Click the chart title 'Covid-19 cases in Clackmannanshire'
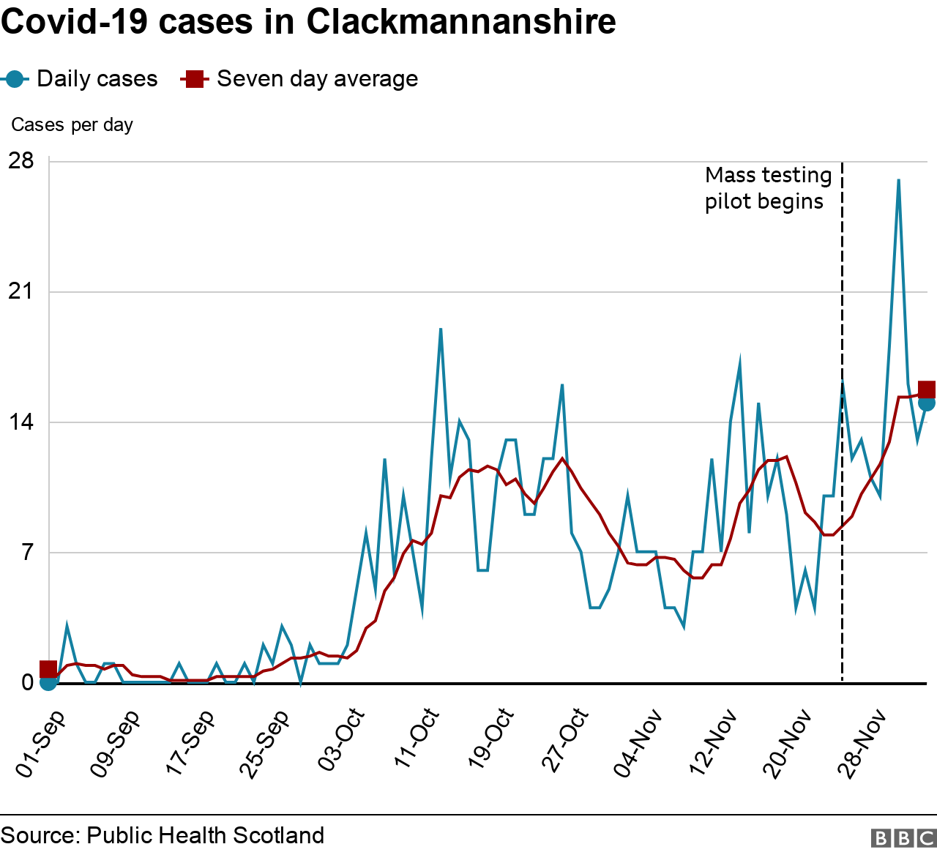[x=308, y=22]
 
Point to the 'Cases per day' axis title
[x=72, y=125]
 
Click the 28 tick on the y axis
[x=21, y=161]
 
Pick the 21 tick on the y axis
[x=21, y=292]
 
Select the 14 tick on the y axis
[x=21, y=422]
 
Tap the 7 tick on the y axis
[x=27, y=553]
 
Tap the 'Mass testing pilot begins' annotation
[x=768, y=188]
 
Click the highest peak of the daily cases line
[x=898, y=180]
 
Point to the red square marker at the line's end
[x=927, y=390]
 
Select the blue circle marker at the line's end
[x=927, y=403]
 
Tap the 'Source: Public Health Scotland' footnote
[x=163, y=836]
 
